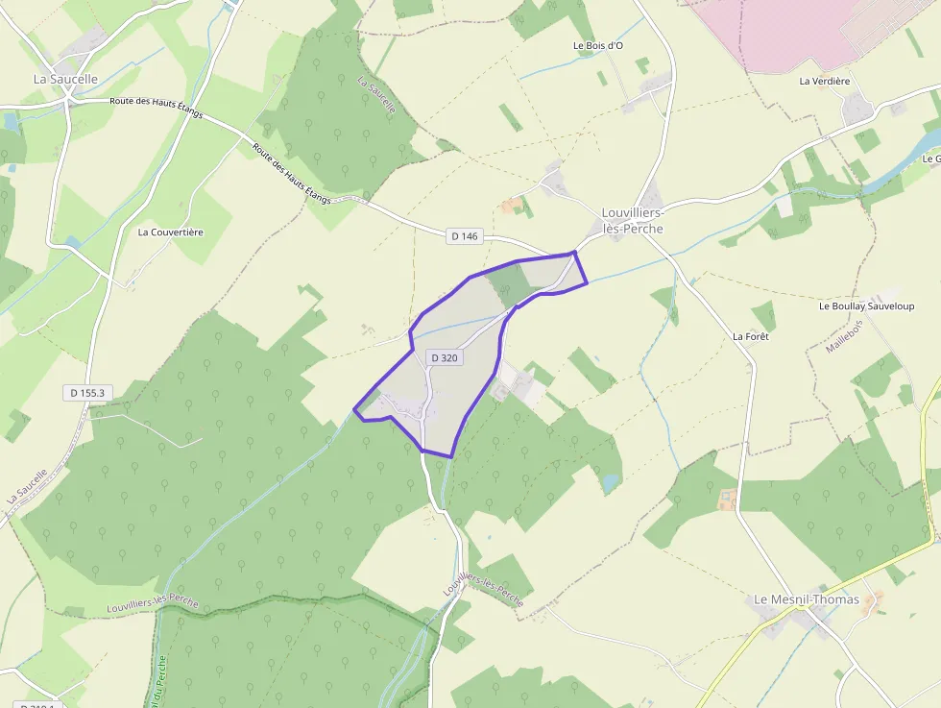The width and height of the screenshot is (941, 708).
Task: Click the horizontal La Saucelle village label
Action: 65,79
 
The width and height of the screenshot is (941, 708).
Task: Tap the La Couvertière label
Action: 170,232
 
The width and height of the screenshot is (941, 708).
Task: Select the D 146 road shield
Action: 463,235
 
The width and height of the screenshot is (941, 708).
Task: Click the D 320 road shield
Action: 445,357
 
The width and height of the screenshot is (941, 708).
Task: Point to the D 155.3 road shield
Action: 86,392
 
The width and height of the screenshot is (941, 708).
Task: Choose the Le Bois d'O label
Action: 598,45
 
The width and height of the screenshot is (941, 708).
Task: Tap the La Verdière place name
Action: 825,81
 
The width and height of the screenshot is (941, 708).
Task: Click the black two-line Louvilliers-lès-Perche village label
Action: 632,220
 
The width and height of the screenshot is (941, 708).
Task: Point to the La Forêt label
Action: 751,336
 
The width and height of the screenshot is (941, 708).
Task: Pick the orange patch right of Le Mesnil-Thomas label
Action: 873,601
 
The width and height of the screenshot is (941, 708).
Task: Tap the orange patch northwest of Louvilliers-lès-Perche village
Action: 511,205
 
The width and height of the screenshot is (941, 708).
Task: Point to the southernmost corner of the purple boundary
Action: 450,455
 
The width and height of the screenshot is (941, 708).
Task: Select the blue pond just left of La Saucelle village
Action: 12,122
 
